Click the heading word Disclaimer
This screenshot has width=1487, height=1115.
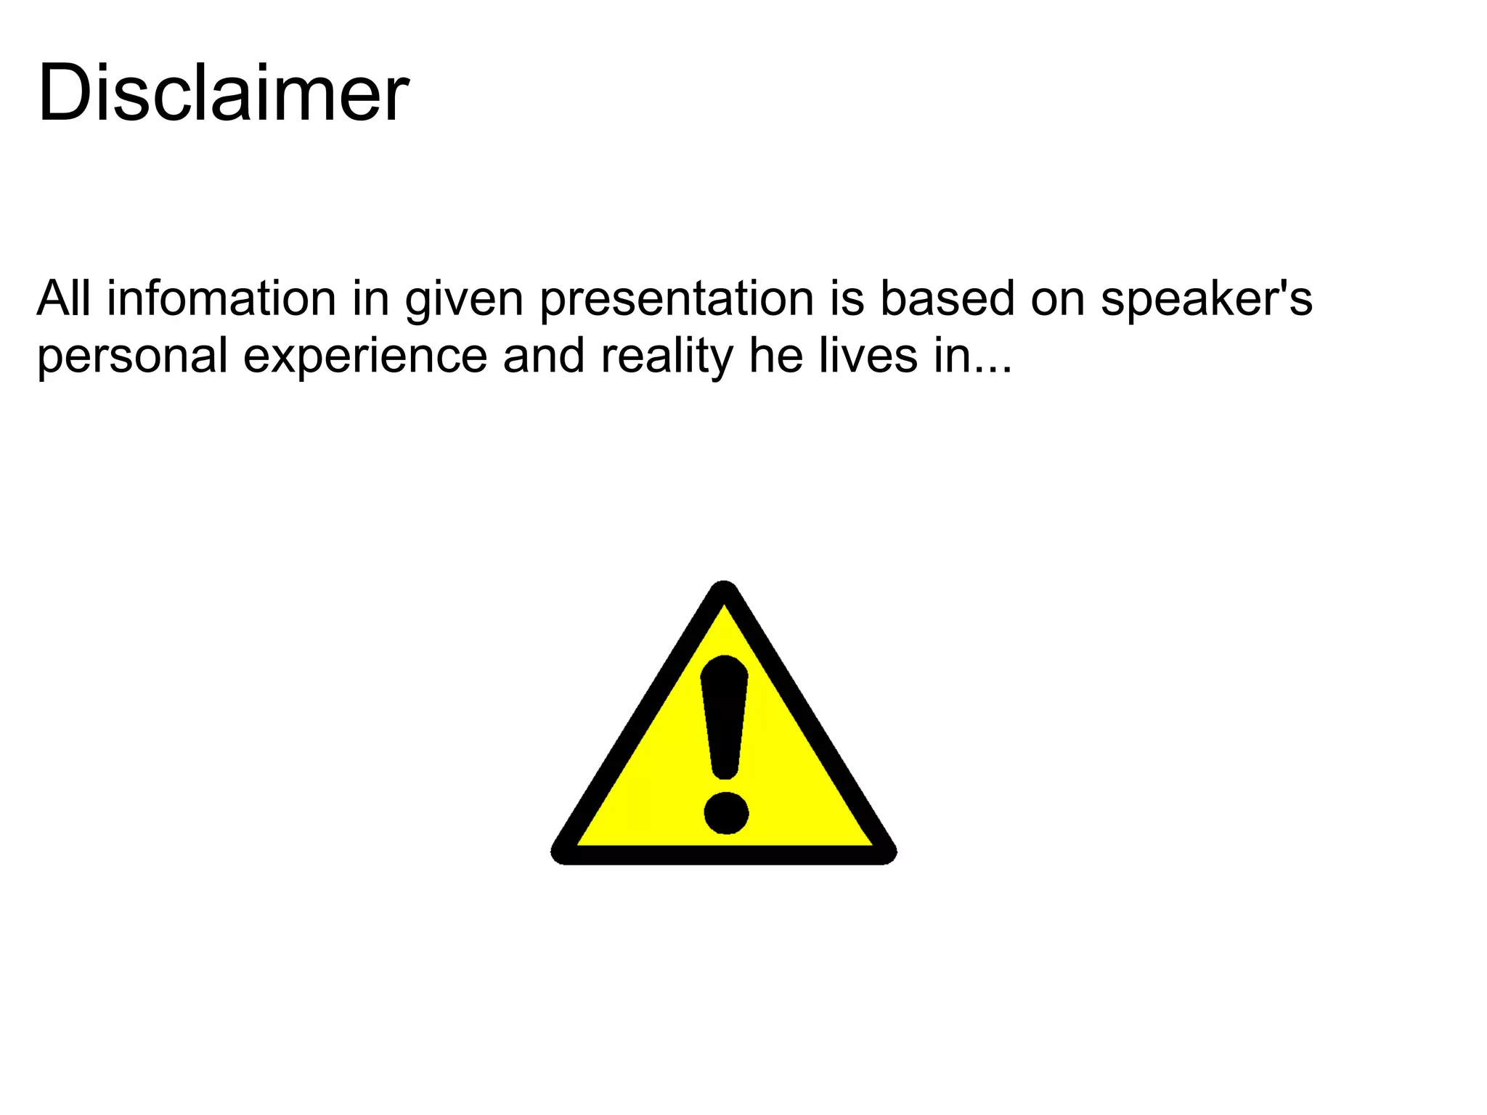(223, 93)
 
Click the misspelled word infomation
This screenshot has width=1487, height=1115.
(221, 298)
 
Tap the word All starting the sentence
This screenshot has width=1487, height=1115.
(64, 298)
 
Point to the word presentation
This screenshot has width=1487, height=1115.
(677, 300)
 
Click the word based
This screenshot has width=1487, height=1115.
(947, 298)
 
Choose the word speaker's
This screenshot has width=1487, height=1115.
(1206, 300)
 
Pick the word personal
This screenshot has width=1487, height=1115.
(132, 357)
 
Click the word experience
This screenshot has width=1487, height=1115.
(364, 357)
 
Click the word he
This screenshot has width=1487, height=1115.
(775, 356)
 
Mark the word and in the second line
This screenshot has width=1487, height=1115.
(544, 356)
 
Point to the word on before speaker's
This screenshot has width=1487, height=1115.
(1057, 300)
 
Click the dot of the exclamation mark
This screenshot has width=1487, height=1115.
(726, 812)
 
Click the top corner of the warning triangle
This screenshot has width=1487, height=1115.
(724, 589)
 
